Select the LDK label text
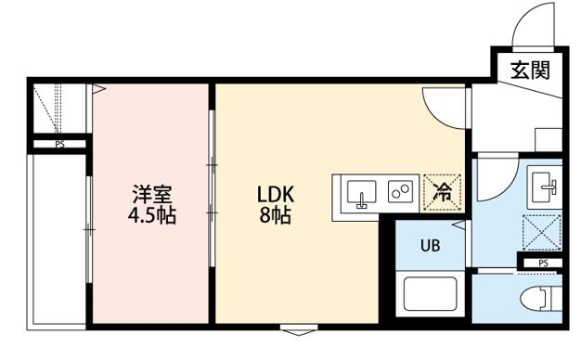[276, 196]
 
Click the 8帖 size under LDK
[276, 217]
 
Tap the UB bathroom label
[431, 247]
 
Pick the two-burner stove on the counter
[401, 193]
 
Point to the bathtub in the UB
[430, 296]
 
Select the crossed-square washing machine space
[541, 233]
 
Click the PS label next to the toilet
[542, 264]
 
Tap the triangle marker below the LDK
[296, 329]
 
